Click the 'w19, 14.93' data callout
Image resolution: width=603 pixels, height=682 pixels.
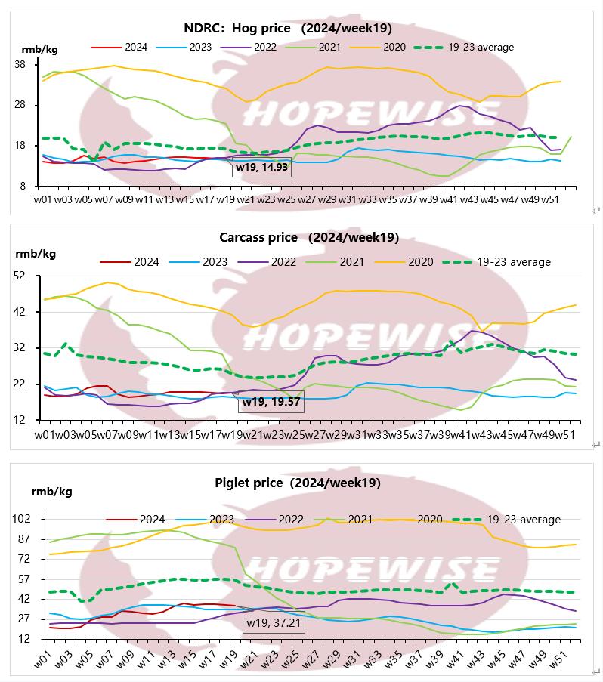261,166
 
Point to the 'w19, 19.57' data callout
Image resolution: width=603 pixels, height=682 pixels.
271,403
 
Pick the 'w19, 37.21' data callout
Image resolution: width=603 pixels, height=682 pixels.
273,624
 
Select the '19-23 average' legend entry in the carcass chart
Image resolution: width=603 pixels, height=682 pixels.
514,262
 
